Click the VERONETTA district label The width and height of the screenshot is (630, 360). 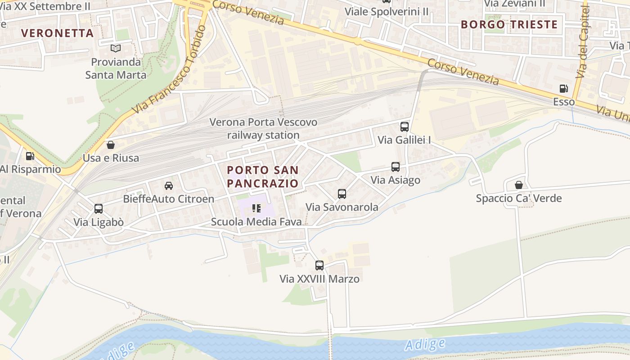pos(58,33)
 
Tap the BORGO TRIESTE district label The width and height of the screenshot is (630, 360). pos(509,24)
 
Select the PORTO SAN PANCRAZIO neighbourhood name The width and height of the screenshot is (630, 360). pos(263,176)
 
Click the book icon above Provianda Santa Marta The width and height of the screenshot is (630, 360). pos(116,48)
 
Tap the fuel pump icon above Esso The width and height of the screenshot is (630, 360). pos(563,89)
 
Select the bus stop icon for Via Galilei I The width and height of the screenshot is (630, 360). pos(404,126)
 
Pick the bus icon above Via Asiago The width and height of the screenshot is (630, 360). pos(395,167)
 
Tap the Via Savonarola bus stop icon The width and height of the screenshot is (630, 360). pos(342,194)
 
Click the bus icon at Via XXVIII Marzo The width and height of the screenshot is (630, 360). pos(319,265)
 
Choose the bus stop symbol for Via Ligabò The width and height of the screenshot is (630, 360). pos(98,209)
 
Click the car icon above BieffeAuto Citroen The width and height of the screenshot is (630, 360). pos(169,185)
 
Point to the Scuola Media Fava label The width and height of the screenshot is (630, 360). pos(256,222)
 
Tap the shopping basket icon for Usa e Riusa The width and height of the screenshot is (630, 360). pos(111,145)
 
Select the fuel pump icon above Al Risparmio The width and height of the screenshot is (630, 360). pos(30,156)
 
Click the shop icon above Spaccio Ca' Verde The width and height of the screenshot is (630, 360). pos(519,185)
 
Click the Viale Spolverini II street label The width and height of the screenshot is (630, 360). pos(387,12)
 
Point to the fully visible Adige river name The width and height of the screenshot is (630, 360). pos(425,344)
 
